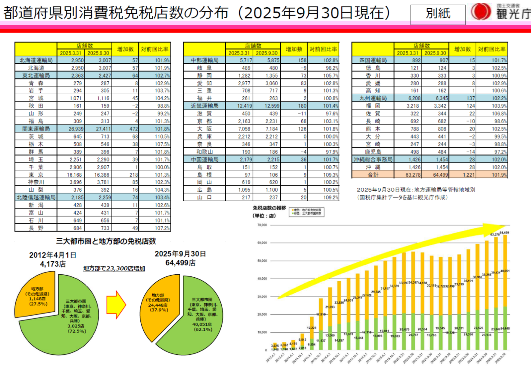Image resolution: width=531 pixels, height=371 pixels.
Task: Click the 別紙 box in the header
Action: coord(438,14)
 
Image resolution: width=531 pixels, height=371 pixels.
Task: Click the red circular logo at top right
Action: coord(481,12)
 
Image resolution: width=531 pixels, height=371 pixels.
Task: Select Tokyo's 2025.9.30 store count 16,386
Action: coord(98,175)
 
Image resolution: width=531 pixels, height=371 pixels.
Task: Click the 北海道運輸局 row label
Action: coord(36,60)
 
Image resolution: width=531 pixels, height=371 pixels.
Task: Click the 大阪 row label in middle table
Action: coord(204,129)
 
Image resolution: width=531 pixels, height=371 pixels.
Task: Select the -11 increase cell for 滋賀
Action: coord(294,114)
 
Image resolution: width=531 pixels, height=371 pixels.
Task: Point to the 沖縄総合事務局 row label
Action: coord(373,159)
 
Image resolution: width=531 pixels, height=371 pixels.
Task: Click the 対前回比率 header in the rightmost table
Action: coord(492,49)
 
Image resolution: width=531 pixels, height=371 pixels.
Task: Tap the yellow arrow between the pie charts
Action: coord(116,304)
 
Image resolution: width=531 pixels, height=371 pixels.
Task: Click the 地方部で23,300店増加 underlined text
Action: coord(114,268)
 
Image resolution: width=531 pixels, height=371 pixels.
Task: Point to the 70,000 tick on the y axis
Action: coord(262,225)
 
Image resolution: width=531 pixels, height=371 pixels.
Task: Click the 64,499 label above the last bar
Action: coord(504,232)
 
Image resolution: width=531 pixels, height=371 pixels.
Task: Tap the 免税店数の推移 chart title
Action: coord(269,208)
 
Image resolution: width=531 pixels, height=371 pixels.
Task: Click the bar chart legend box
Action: coord(306,212)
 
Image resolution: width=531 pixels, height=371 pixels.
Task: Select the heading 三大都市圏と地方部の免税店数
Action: coord(106,241)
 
